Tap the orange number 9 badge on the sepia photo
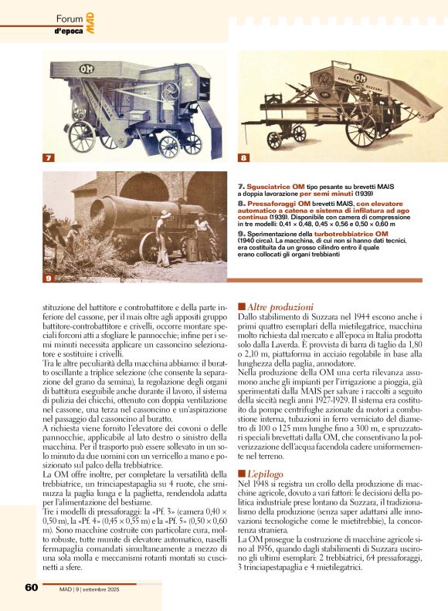(47, 277)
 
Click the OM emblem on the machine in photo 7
(87, 69)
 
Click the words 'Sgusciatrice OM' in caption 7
(273, 187)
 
